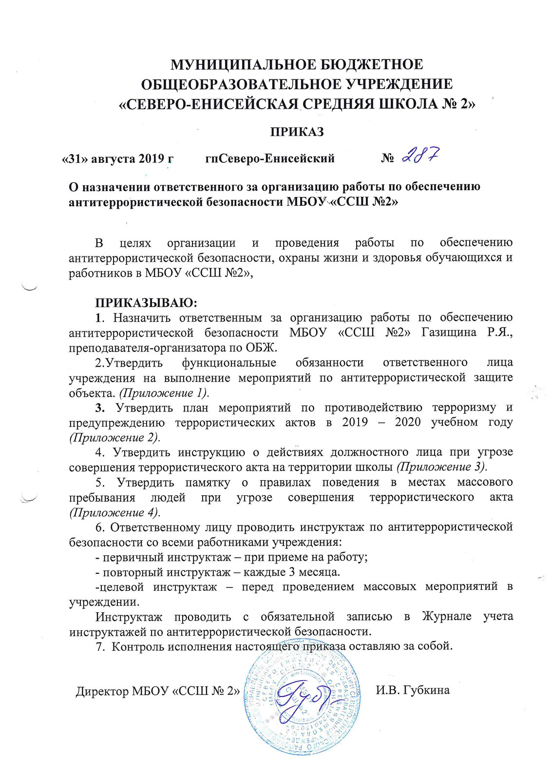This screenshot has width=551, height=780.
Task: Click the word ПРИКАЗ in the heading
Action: point(297,132)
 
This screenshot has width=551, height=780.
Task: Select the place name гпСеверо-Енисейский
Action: point(270,158)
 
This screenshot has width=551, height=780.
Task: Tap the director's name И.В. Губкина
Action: point(413,690)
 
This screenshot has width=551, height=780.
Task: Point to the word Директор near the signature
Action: point(102,691)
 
